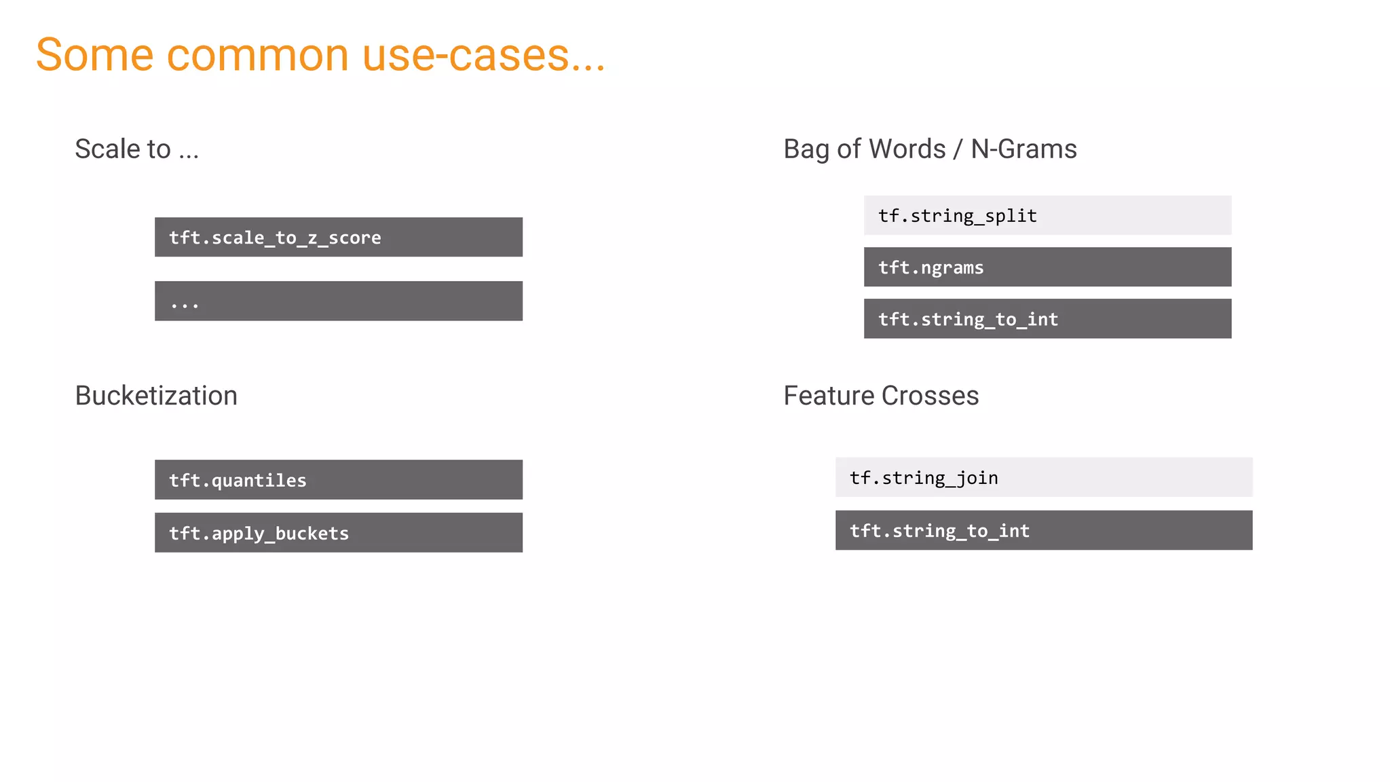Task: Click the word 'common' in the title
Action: click(x=257, y=55)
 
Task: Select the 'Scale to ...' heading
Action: click(x=136, y=149)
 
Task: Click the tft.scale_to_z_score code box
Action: click(x=338, y=237)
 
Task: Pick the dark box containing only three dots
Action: click(x=338, y=301)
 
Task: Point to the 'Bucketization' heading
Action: click(x=156, y=396)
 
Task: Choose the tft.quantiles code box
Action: click(x=338, y=480)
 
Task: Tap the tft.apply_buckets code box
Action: click(x=338, y=533)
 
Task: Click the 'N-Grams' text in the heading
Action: click(x=1023, y=149)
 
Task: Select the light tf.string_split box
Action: click(x=1047, y=215)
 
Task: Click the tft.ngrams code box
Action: click(x=1047, y=267)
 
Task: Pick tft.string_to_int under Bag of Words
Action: click(x=1047, y=318)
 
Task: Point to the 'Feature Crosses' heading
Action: click(x=881, y=396)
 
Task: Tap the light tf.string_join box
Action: click(x=1043, y=477)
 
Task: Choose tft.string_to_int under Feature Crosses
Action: click(x=1043, y=530)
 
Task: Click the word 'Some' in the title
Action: click(x=95, y=55)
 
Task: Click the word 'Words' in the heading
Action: click(x=907, y=149)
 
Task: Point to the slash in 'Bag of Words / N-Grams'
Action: click(x=958, y=150)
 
